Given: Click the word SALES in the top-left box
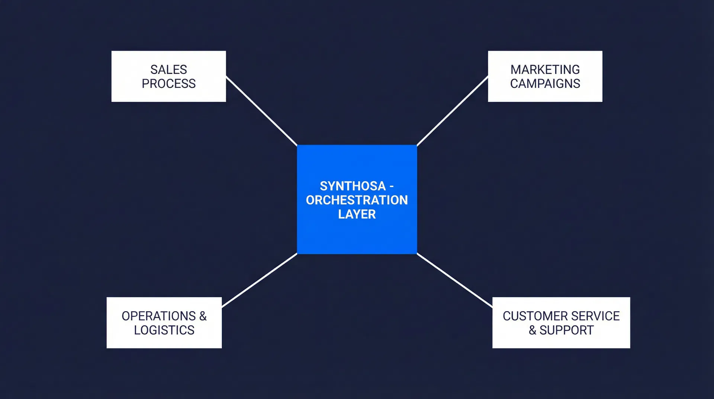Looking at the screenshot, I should pos(168,70).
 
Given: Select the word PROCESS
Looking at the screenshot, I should pos(168,84).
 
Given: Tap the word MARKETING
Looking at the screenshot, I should pos(545,70).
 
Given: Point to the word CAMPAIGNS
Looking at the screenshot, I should pos(545,84).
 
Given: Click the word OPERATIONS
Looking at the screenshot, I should pos(158,316).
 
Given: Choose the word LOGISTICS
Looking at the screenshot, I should pos(164,330).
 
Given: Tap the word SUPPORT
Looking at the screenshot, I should pos(566,330).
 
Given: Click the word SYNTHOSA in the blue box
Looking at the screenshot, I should pos(353,186).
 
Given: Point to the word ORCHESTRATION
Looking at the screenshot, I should pos(357,200).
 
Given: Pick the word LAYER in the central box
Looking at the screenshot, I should pos(357,214).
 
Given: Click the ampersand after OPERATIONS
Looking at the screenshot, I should pos(203,316).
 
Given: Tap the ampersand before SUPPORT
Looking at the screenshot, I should pos(533,330).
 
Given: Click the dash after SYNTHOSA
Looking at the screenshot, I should pos(392,186).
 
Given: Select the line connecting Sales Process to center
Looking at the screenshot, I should pos(261,111).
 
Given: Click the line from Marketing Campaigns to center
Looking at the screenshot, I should pos(452,111).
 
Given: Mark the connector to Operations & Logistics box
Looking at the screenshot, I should pos(259,280).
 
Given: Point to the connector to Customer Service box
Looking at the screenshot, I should pos(454,280).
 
